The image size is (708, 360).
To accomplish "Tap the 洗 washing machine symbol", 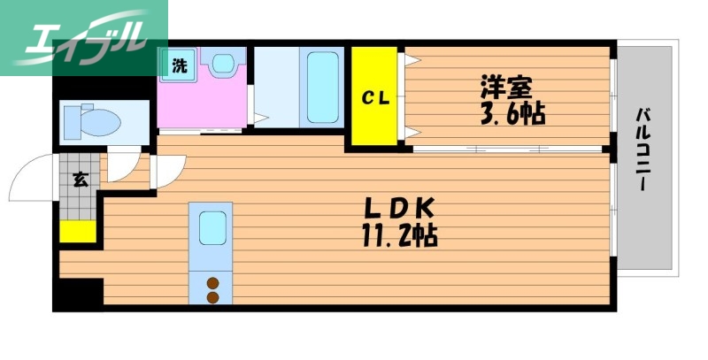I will [179, 65].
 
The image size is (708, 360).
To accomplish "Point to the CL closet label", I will [374, 98].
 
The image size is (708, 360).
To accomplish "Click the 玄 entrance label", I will [80, 181].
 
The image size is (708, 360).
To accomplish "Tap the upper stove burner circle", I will [212, 284].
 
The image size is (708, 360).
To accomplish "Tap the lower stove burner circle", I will [212, 298].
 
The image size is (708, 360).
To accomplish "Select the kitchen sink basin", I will [212, 229].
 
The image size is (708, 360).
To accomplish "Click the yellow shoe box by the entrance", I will [78, 231].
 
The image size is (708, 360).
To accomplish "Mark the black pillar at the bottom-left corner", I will [78, 295].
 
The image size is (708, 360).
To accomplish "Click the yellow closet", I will [374, 98].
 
